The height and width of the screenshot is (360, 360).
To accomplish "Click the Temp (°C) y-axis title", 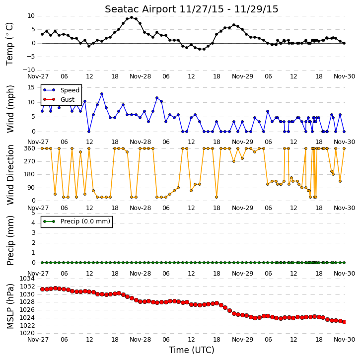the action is (9, 44).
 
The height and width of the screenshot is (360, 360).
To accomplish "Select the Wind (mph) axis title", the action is (10, 109).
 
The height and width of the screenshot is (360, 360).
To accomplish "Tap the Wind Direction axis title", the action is (10, 174).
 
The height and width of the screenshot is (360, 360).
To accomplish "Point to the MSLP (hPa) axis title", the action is (10, 306).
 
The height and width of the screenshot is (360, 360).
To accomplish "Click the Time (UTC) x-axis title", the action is (192, 350).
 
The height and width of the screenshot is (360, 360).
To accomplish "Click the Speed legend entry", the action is (70, 90).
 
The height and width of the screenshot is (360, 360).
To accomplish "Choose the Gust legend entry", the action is (68, 100).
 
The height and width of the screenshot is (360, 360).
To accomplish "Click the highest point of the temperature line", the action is (132, 17).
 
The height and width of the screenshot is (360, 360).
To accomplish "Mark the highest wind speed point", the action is (102, 94).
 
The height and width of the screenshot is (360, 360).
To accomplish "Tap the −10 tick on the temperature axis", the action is (28, 70).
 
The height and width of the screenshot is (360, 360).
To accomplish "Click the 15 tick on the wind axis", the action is (31, 87).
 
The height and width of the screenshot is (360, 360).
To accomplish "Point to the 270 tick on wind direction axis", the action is (30, 161).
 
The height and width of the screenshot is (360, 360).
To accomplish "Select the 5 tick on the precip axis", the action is (33, 213).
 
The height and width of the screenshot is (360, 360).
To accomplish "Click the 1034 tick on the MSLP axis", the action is (27, 279).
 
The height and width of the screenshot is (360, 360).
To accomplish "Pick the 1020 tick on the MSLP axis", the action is (27, 333).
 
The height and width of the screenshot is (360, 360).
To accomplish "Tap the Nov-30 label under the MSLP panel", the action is (345, 339).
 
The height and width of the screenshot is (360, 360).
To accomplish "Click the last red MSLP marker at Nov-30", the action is (344, 322).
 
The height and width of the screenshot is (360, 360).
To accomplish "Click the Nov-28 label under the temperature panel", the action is (141, 76).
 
